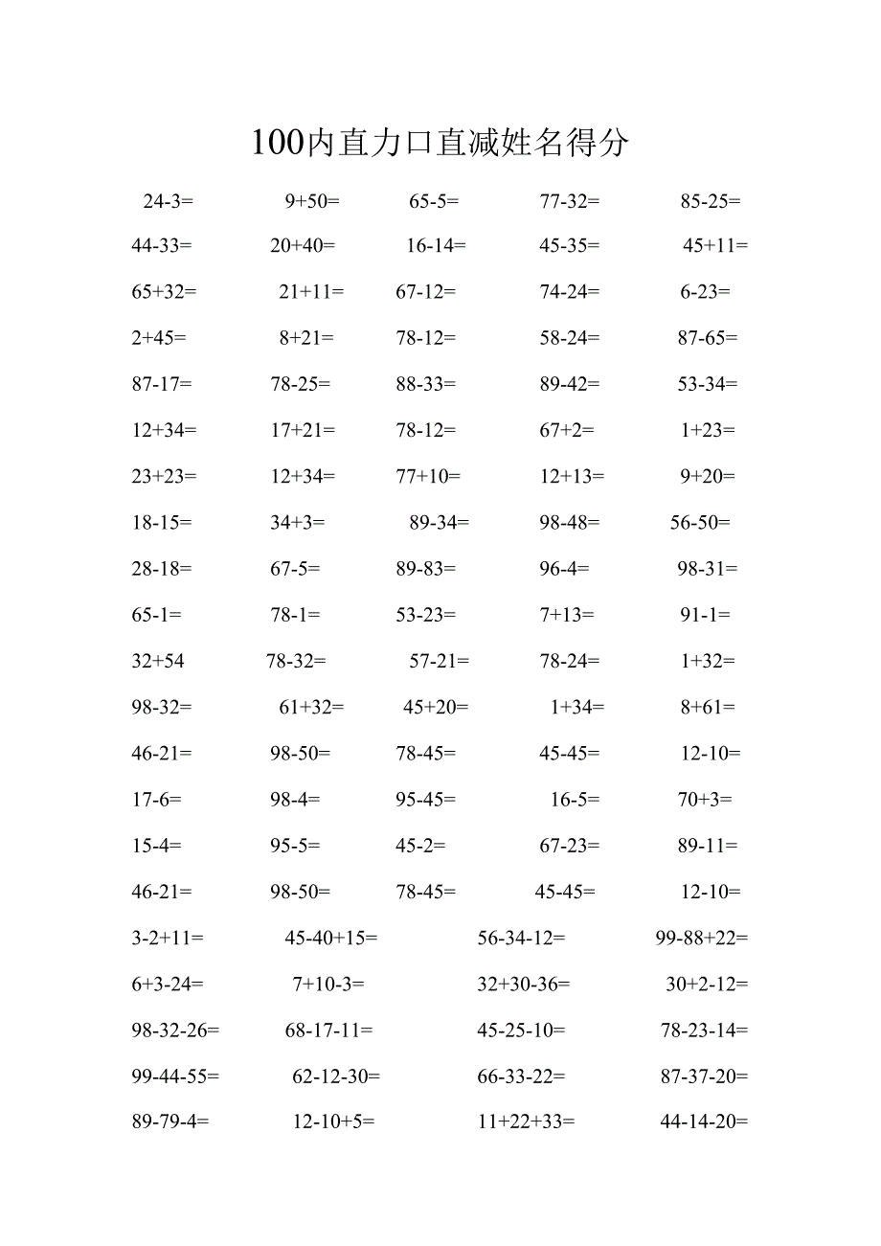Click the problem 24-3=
point(168,201)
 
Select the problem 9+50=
point(312,201)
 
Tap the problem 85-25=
point(711,201)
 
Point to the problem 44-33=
point(162,246)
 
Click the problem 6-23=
point(705,292)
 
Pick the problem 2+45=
point(159,338)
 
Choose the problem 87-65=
point(708,338)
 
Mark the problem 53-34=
point(708,384)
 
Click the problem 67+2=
point(567,431)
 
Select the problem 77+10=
point(428,476)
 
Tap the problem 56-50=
point(700,522)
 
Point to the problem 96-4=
point(564,569)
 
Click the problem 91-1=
point(705,615)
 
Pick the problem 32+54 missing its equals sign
point(158,661)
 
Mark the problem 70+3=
point(705,800)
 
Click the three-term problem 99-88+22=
point(702,939)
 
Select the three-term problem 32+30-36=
point(524,985)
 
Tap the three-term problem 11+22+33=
point(526,1122)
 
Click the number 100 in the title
point(277,144)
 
